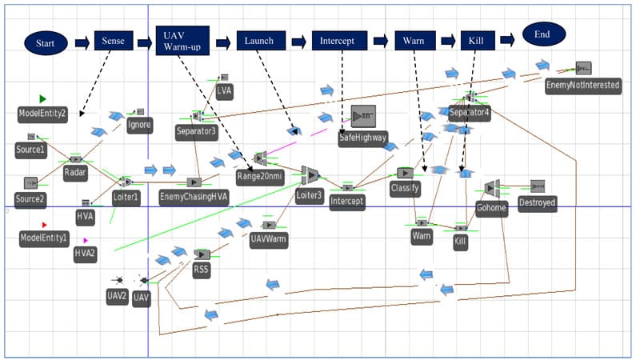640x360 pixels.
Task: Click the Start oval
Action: point(46,42)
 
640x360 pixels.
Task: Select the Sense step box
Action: point(114,40)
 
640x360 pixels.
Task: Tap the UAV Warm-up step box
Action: point(182,40)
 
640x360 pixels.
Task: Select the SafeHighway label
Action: point(362,137)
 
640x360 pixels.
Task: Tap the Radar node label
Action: point(75,172)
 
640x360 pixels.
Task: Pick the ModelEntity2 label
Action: point(42,114)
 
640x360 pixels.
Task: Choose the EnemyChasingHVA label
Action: point(194,197)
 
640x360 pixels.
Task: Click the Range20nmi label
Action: point(259,176)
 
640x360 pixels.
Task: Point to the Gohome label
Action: point(491,206)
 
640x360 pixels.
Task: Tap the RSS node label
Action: point(201,270)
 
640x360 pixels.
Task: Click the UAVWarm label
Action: point(269,239)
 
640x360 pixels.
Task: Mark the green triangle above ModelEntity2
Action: point(42,98)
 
